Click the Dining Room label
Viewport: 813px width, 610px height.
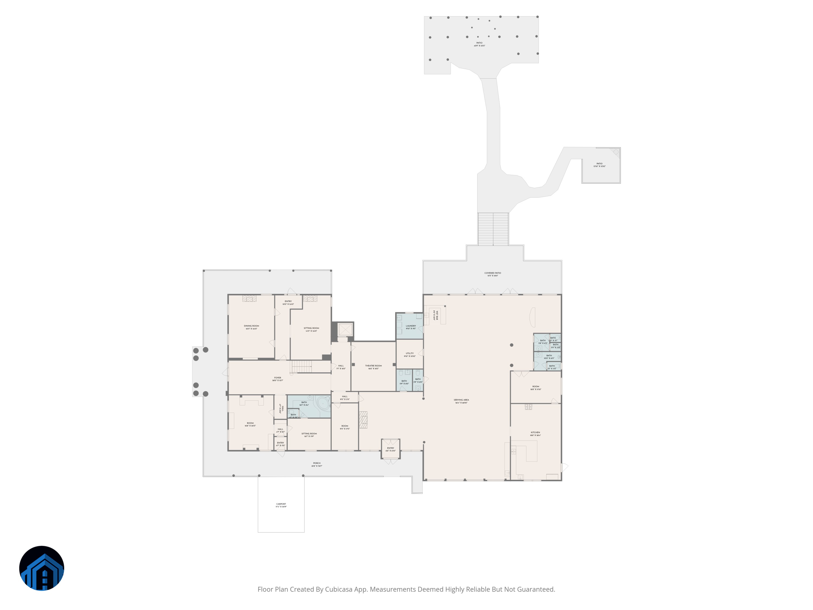point(251,326)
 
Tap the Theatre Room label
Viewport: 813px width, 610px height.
point(373,365)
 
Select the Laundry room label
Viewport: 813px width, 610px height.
point(411,326)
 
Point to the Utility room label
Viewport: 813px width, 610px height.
point(409,353)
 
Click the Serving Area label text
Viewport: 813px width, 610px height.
point(461,400)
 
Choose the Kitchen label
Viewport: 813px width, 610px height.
point(535,432)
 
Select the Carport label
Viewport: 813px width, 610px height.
point(281,504)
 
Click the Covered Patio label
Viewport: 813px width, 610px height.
point(492,273)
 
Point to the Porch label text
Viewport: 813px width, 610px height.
point(317,463)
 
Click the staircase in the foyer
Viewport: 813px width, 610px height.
point(302,366)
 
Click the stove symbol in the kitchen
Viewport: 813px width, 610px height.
point(528,407)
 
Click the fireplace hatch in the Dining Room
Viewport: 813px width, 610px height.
point(249,298)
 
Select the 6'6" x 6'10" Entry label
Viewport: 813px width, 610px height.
point(390,448)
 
